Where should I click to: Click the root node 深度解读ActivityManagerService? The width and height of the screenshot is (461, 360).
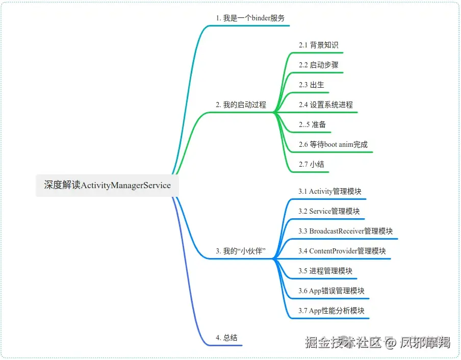tap(107, 185)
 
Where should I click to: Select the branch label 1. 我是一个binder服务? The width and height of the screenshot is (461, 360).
tap(250, 18)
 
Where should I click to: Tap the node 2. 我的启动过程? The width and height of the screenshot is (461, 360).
tap(241, 105)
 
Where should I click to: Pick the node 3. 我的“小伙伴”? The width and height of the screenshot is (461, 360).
tap(241, 251)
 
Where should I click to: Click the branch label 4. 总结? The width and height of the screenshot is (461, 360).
tap(226, 338)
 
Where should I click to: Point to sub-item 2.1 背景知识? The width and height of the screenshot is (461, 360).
tap(318, 45)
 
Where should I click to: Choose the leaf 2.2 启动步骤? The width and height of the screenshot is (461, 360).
tap(318, 65)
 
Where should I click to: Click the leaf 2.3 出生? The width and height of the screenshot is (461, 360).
tap(311, 85)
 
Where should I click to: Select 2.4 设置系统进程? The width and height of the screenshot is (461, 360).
tap(325, 105)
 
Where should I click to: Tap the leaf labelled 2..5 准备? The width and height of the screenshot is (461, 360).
tap(312, 124)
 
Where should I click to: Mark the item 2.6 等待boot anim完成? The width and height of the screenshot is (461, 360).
tap(333, 144)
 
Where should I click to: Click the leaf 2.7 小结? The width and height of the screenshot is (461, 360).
tap(311, 164)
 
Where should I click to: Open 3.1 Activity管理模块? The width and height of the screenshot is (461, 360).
tap(330, 191)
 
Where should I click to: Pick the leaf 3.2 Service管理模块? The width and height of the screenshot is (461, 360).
tap(329, 211)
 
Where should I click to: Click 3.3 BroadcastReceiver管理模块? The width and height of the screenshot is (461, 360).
tap(345, 231)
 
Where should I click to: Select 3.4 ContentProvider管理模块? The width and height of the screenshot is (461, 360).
tap(342, 251)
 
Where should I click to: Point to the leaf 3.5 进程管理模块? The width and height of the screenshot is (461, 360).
tap(325, 271)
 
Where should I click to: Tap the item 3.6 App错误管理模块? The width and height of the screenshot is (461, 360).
tap(331, 291)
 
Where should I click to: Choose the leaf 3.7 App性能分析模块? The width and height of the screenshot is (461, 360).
tap(331, 311)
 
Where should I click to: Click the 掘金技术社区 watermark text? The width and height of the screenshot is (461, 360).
tap(343, 342)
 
